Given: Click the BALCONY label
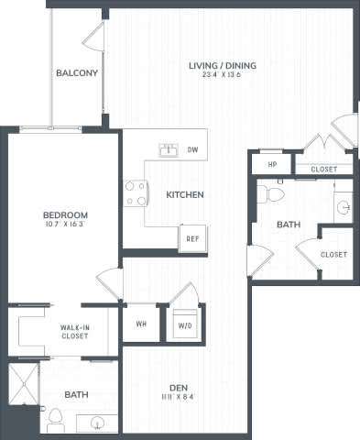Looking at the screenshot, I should pyautogui.click(x=77, y=73).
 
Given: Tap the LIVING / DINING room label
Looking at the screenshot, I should pyautogui.click(x=222, y=65).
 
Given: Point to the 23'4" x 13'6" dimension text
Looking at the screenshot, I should pyautogui.click(x=222, y=76).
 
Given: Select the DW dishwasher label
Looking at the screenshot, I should pyautogui.click(x=192, y=148).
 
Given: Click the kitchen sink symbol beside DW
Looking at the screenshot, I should pyautogui.click(x=169, y=148).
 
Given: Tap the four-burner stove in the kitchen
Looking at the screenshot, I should pyautogui.click(x=136, y=192).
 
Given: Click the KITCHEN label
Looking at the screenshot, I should pyautogui.click(x=184, y=194).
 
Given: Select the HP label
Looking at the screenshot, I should pyautogui.click(x=272, y=165).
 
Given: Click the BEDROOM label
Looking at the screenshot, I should pyautogui.click(x=64, y=214).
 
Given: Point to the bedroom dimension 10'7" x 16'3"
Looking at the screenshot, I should pyautogui.click(x=64, y=225).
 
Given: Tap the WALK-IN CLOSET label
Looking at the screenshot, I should pyautogui.click(x=74, y=332).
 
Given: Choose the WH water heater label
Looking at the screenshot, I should pyautogui.click(x=142, y=323).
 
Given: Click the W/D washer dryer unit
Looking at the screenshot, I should pyautogui.click(x=185, y=324).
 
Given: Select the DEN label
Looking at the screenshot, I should pyautogui.click(x=177, y=386).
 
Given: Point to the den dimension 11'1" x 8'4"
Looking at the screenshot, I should pyautogui.click(x=177, y=397).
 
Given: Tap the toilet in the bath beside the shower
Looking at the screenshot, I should pyautogui.click(x=56, y=421).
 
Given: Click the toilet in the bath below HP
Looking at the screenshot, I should pyautogui.click(x=272, y=193).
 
